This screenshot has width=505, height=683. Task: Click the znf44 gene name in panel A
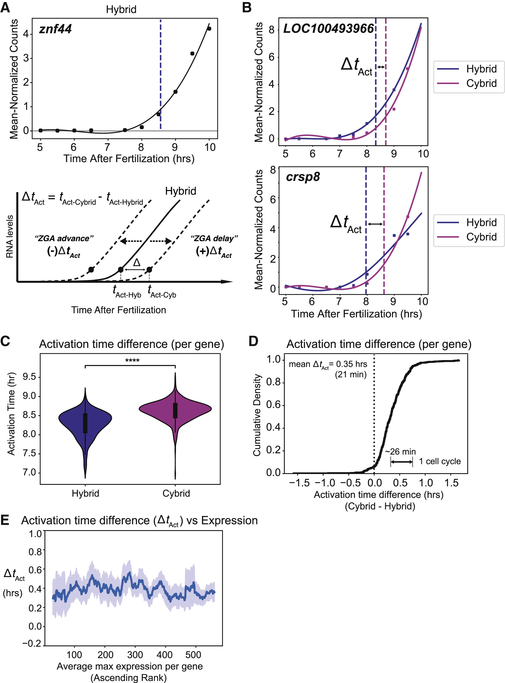55,29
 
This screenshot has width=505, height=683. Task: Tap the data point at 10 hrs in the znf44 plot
209,29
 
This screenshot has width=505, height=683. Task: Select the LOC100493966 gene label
328,28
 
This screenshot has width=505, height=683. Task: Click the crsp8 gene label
303,177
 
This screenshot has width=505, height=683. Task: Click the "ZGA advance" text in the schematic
64,238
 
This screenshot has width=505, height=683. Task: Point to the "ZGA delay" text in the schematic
214,238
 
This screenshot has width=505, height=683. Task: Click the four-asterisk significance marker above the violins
132,361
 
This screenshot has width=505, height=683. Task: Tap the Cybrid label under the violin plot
176,493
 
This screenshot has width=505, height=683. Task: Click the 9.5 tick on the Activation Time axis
29,377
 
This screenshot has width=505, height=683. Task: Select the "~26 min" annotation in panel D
400,451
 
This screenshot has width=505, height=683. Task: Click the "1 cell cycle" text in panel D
440,461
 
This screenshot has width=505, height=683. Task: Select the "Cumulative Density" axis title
257,415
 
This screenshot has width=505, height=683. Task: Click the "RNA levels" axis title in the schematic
10,236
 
